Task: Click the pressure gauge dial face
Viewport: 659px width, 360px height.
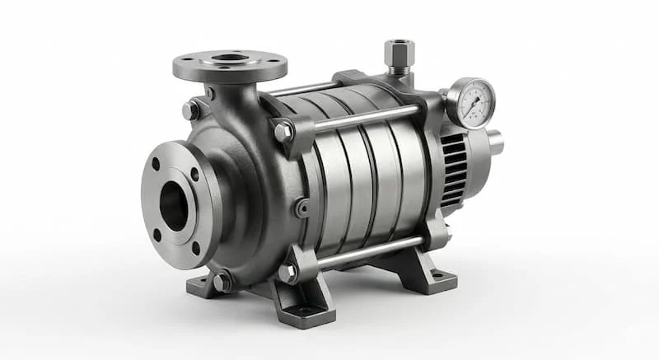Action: tap(470, 103)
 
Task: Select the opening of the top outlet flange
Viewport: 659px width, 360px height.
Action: tap(230, 58)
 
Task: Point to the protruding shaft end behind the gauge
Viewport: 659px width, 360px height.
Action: tap(495, 142)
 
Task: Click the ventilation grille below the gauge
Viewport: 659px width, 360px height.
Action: tap(453, 169)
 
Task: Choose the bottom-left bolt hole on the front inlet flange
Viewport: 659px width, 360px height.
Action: tap(157, 235)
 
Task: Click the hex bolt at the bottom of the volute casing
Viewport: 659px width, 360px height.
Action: tap(222, 282)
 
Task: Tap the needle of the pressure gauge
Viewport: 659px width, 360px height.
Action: tap(473, 101)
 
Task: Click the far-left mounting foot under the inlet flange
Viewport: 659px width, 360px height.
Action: tap(200, 286)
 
